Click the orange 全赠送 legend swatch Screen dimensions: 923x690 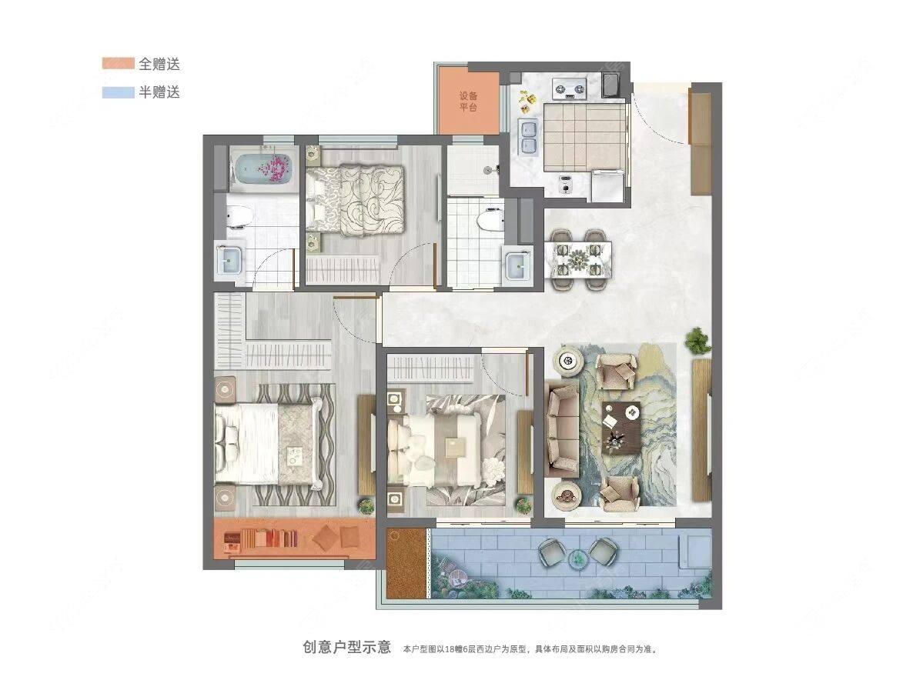tap(119, 63)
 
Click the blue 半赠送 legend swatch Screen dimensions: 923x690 tap(119, 92)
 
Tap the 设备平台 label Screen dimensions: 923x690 tap(469, 102)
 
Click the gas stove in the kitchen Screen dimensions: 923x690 tap(570, 88)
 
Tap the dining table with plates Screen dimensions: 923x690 tap(579, 258)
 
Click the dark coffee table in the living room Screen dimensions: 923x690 tap(621, 426)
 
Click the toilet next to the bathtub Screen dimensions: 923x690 tap(240, 218)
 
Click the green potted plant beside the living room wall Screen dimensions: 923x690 tap(698, 341)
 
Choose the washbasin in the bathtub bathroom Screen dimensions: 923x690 tap(230, 259)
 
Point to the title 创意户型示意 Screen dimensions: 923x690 tap(346, 647)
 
